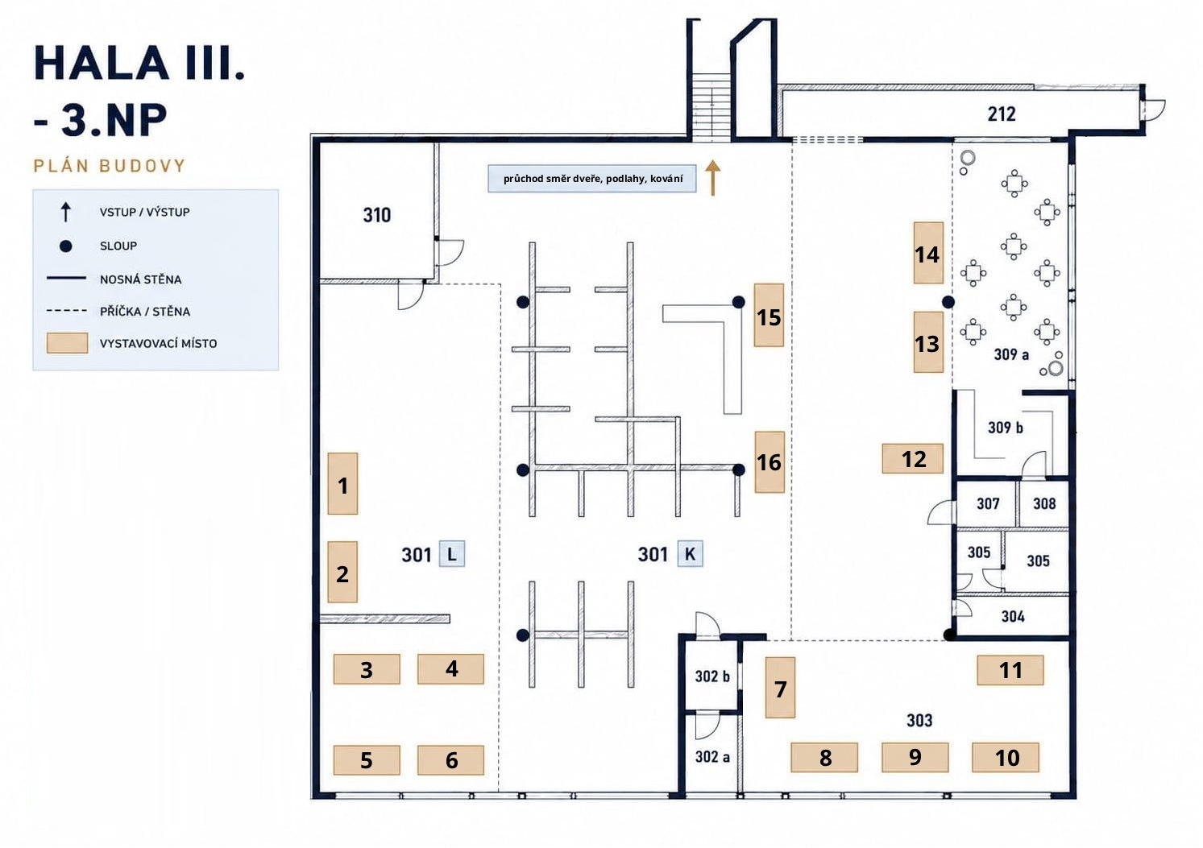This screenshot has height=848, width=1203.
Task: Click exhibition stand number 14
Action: point(928,253)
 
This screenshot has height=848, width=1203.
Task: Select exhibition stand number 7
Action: point(780,688)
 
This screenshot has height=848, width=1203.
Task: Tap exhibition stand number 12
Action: point(912,458)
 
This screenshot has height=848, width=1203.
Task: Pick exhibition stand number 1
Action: point(342,483)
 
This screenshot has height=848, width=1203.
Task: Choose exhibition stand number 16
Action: point(770,462)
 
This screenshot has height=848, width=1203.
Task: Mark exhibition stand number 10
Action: point(1006,757)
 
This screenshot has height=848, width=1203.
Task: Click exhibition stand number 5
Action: point(367,760)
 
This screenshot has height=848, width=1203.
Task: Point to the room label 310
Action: point(376,215)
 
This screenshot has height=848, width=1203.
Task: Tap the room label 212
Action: point(1001,114)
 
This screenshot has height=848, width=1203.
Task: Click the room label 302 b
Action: point(712,676)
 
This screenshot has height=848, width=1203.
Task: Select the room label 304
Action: point(1012,616)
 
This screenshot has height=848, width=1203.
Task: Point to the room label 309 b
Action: point(1005,427)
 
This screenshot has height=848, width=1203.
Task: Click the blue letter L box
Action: point(452,554)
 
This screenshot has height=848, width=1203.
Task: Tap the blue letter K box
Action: point(690,553)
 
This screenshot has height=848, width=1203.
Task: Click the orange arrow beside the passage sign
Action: point(712,178)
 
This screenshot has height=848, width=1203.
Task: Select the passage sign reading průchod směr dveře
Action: point(592,179)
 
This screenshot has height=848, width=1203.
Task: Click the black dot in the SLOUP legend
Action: point(65,246)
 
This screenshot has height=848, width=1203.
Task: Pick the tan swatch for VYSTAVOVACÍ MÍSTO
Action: point(67,343)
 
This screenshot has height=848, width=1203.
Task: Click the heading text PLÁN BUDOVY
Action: point(110,166)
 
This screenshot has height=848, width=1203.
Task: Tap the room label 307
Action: point(988,503)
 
